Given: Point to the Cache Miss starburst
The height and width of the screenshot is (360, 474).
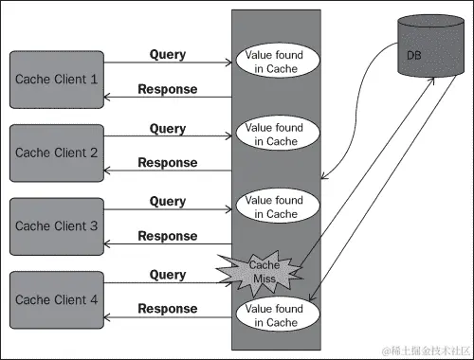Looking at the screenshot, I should click(262, 271).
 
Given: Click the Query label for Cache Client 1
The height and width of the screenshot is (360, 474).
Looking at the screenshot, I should click(168, 54).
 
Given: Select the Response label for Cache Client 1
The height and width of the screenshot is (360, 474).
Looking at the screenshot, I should click(168, 89).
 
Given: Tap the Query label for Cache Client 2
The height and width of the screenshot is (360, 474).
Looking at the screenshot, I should click(168, 128).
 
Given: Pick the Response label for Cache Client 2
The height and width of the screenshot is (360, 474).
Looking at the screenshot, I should click(168, 163).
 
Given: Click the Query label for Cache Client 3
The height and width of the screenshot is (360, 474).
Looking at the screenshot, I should click(168, 202).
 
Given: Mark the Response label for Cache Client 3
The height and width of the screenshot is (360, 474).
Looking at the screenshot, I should click(168, 236).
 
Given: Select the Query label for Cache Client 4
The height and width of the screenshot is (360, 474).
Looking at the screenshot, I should click(168, 275).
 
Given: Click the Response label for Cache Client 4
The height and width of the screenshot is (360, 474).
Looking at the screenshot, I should click(168, 309).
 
